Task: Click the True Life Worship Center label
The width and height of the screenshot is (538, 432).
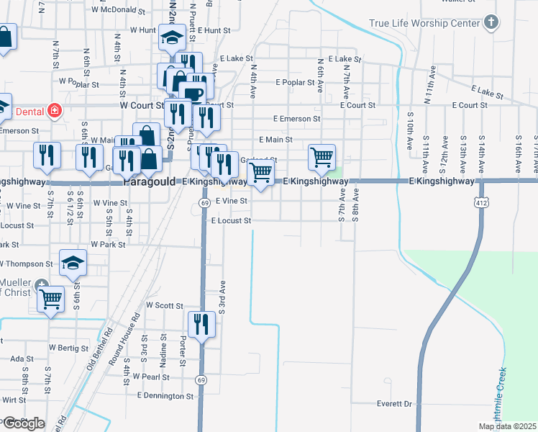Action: pyautogui.click(x=424, y=24)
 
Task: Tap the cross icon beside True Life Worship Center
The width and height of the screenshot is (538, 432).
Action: pyautogui.click(x=491, y=22)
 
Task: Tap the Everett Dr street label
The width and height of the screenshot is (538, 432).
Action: pyautogui.click(x=393, y=404)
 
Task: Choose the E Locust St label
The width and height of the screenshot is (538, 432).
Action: pyautogui.click(x=230, y=220)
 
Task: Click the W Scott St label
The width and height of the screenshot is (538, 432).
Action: pyautogui.click(x=164, y=305)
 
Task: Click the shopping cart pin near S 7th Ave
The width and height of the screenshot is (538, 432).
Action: pyautogui.click(x=322, y=156)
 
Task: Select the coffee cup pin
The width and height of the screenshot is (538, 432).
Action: pyautogui.click(x=193, y=94)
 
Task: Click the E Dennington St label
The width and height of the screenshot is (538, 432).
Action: pyautogui.click(x=165, y=396)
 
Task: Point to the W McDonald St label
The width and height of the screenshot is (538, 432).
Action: pyautogui.click(x=114, y=10)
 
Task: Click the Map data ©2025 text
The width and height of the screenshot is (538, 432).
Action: pyautogui.click(x=507, y=426)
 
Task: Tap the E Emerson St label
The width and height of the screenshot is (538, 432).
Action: pyautogui.click(x=296, y=118)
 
